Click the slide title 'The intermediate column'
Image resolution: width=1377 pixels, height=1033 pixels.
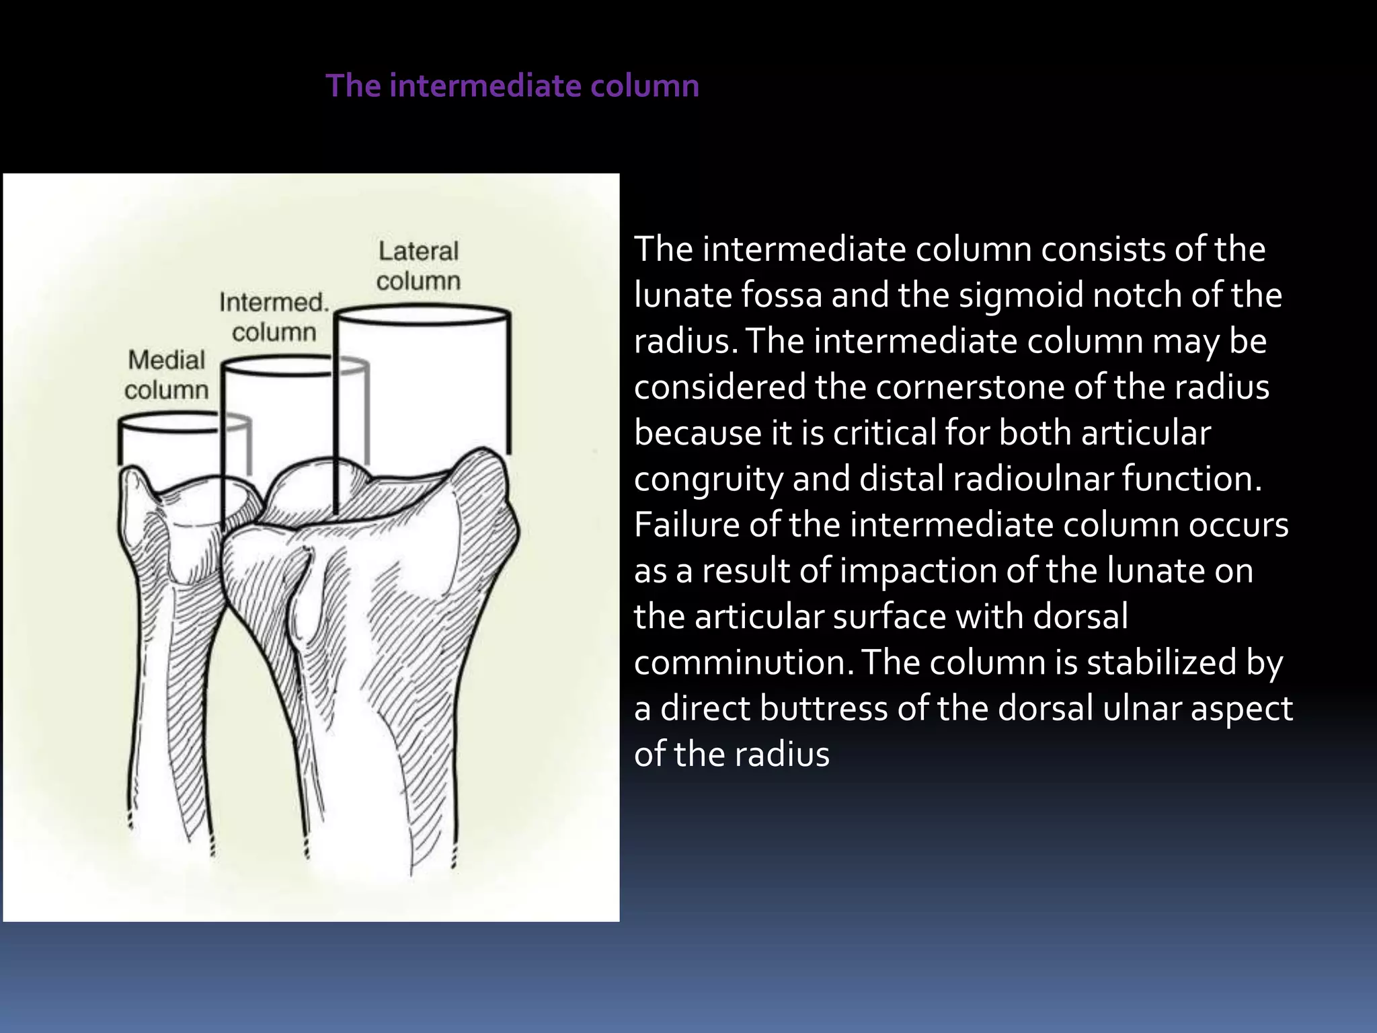click(512, 86)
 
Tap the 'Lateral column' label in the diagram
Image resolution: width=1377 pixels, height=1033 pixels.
click(418, 266)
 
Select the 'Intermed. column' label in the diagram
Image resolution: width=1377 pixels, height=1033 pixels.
click(274, 317)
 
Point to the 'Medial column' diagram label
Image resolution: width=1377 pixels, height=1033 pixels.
click(167, 375)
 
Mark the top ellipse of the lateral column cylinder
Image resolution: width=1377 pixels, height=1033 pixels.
click(422, 313)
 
